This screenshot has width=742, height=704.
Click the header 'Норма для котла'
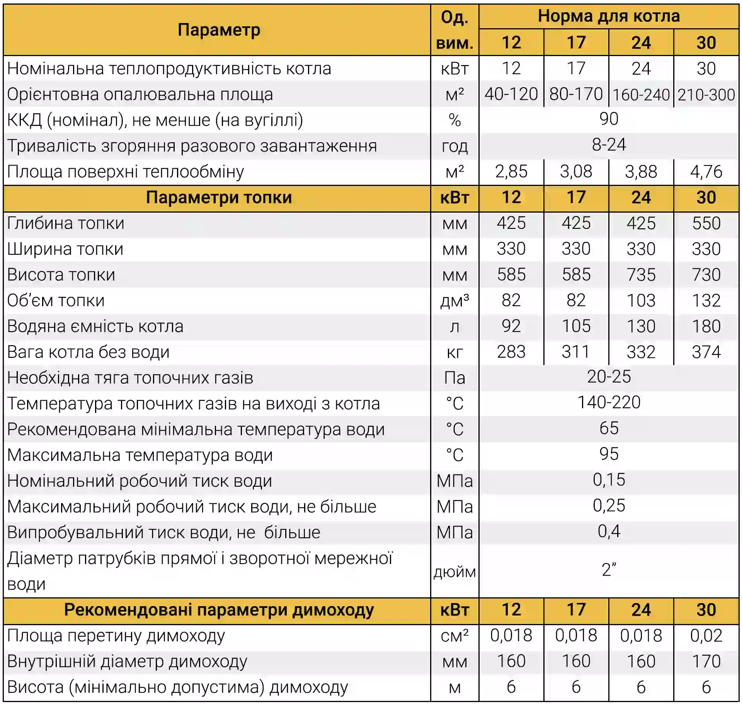pyautogui.click(x=608, y=16)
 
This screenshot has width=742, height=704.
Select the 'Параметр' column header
pyautogui.click(x=219, y=30)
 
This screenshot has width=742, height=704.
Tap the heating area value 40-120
pyautogui.click(x=511, y=94)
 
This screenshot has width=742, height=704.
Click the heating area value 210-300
pyautogui.click(x=706, y=95)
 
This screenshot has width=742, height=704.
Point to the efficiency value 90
pyautogui.click(x=609, y=119)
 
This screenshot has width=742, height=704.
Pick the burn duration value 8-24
pyautogui.click(x=609, y=145)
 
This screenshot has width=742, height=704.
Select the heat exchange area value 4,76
pyautogui.click(x=706, y=172)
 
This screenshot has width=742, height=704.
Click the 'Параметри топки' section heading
pyautogui.click(x=219, y=198)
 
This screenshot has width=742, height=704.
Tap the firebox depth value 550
pyautogui.click(x=706, y=223)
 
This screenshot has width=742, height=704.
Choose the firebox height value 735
pyautogui.click(x=641, y=275)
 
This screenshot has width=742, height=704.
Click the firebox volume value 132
pyautogui.click(x=706, y=301)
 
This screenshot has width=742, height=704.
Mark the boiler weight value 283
pyautogui.click(x=511, y=352)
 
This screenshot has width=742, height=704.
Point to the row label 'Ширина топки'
pyautogui.click(x=65, y=249)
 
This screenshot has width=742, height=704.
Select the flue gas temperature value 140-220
pyautogui.click(x=609, y=403)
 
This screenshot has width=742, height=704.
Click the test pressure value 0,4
pyautogui.click(x=609, y=532)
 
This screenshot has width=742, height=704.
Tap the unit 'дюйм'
pyautogui.click(x=454, y=572)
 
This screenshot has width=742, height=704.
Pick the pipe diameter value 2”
pyautogui.click(x=609, y=570)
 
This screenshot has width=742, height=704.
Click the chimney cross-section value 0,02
pyautogui.click(x=706, y=636)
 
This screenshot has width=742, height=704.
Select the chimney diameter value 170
pyautogui.click(x=706, y=661)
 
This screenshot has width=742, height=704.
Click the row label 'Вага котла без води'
pyautogui.click(x=88, y=352)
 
